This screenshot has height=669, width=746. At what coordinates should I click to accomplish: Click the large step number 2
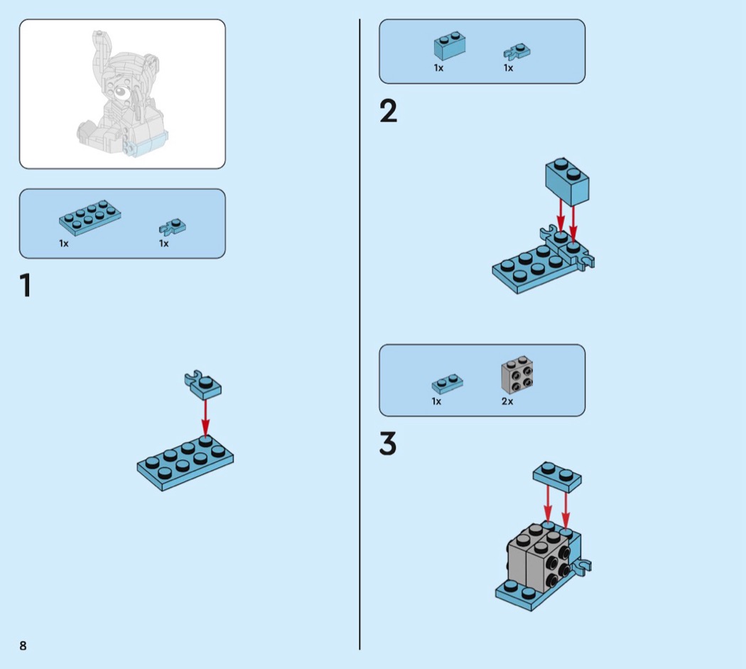[388, 111]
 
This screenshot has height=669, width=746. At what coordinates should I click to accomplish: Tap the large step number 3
[388, 444]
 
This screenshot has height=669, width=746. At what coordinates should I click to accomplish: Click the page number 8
[23, 646]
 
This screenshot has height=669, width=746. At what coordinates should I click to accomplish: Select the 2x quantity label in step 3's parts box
[507, 401]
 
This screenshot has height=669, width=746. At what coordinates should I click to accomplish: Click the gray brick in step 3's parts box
[517, 375]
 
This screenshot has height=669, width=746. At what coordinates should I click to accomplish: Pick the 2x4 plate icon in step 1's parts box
[90, 217]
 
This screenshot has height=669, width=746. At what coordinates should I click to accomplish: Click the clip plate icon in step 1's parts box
[172, 227]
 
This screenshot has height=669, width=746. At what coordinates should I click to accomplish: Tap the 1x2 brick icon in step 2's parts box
[450, 46]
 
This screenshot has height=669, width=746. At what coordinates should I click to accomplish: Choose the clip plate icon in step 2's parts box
[517, 52]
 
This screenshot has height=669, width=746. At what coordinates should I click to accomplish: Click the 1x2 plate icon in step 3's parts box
[447, 384]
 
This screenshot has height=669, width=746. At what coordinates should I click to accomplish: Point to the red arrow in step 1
[205, 418]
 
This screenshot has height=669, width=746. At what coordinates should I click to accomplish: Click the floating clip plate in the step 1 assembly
[203, 384]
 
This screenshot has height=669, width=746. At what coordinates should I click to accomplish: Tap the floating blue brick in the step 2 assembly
[567, 182]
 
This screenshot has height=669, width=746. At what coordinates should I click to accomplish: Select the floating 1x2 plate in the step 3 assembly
[557, 475]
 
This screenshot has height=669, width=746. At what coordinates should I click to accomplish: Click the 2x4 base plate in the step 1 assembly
[185, 462]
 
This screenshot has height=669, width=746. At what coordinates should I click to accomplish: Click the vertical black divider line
[360, 334]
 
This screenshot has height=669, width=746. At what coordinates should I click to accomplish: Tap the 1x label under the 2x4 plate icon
[64, 244]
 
